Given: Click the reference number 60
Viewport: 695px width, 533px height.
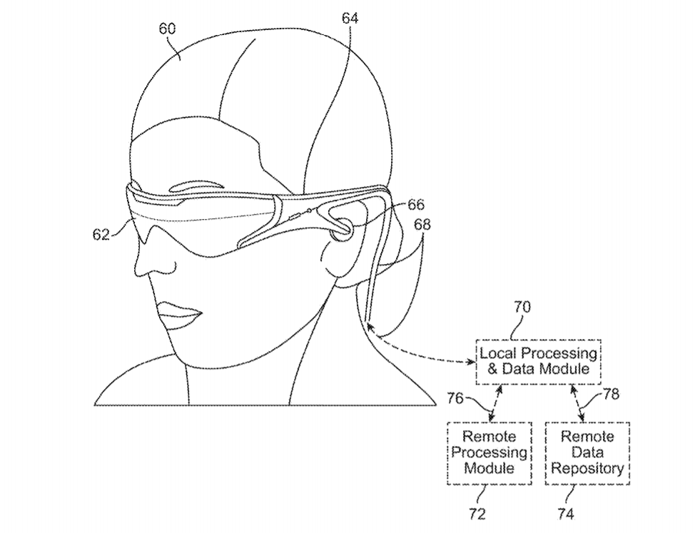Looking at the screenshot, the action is coord(167,29).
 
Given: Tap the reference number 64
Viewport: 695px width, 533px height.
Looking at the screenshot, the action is coord(350,18).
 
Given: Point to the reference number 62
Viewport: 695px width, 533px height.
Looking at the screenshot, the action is coord(101,234).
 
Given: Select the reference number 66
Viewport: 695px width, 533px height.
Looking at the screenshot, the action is coord(416,205).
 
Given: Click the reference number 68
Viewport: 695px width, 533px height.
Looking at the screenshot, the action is coord(422,225).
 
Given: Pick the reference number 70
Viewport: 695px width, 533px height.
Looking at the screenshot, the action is coord(522,307).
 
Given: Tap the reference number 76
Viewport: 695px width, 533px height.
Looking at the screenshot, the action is coord(455,398).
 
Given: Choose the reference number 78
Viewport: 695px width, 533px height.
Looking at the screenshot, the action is coord(611,394).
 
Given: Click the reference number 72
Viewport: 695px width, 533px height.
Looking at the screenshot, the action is coord(477,514).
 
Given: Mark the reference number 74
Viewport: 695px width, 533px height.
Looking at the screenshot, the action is coord(566,514).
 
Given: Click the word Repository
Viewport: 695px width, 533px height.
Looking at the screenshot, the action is coord(587,468).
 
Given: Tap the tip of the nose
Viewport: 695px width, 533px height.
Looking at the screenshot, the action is coord(135,268).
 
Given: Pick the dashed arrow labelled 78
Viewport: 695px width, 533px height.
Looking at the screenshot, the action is coord(577,403).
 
